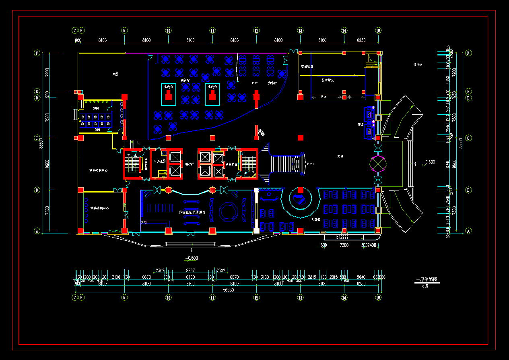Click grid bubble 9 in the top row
124,31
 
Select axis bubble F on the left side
37,53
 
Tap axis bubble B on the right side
468,190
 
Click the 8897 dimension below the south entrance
190,271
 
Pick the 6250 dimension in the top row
361,40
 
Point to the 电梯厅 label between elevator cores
190,164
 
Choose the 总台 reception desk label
324,97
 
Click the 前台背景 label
328,80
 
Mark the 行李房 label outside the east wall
418,64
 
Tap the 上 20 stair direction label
310,164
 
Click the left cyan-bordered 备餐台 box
169,95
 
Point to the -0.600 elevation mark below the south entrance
191,258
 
